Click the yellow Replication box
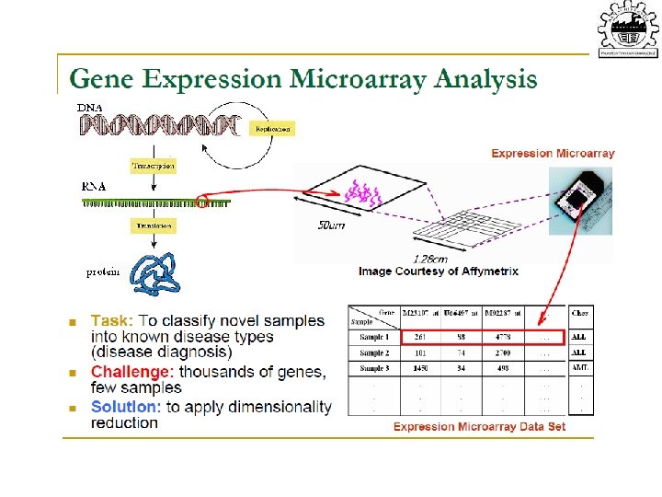(273, 130)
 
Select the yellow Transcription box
(154, 167)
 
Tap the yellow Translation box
(154, 225)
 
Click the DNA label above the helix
(89, 108)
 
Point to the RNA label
(94, 186)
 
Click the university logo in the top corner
(629, 30)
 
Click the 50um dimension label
(331, 225)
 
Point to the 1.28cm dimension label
(430, 259)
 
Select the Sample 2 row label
(374, 353)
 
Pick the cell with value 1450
(422, 369)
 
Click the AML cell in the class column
(580, 369)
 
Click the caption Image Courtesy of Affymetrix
(439, 272)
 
